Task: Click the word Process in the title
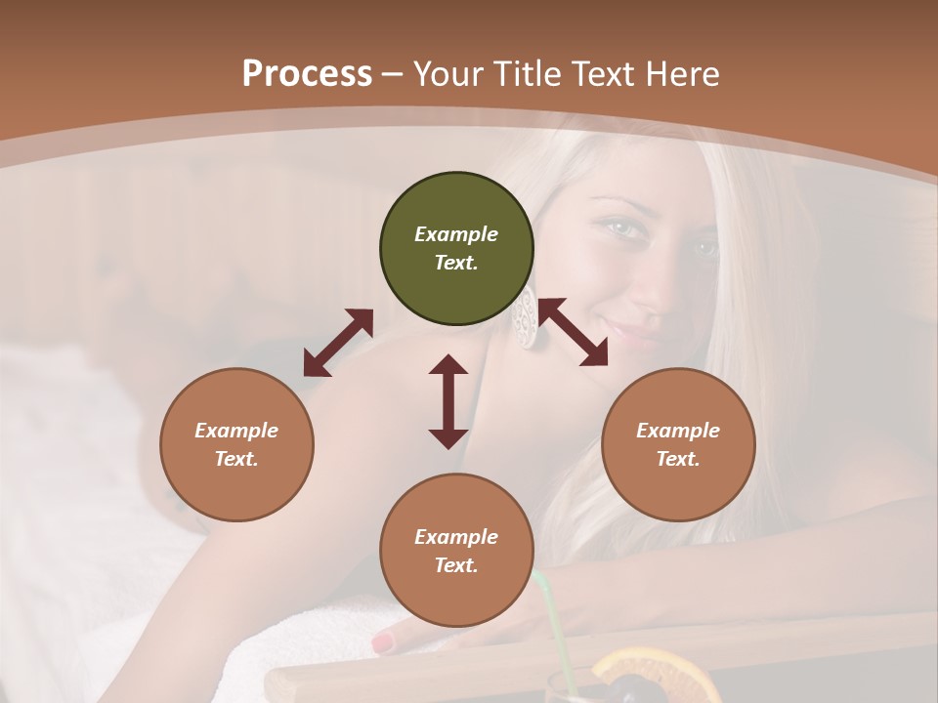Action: (x=307, y=74)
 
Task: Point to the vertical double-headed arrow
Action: (x=448, y=401)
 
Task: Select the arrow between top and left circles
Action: (x=338, y=343)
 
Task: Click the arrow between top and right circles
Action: (x=573, y=332)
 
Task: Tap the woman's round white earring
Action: (x=526, y=317)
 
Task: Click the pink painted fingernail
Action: (x=383, y=643)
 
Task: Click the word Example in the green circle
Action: (x=456, y=234)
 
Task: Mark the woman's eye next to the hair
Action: (x=705, y=248)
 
